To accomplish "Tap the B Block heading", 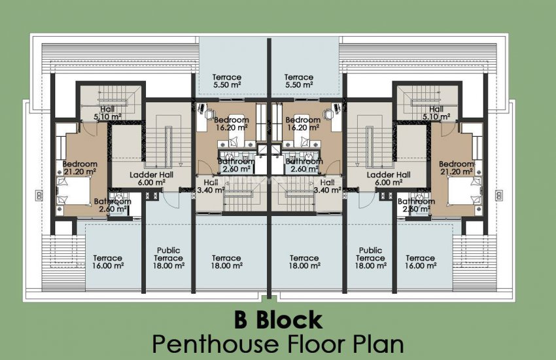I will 278,320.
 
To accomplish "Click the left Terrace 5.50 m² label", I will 226,81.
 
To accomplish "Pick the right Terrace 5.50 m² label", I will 299,81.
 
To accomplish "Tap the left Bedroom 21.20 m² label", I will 80,168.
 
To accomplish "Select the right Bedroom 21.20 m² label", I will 456,168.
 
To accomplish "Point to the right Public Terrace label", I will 370,259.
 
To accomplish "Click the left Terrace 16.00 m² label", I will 107,262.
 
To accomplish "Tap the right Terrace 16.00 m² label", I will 420,262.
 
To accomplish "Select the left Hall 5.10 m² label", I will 107,113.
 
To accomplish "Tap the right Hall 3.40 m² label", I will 326,187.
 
